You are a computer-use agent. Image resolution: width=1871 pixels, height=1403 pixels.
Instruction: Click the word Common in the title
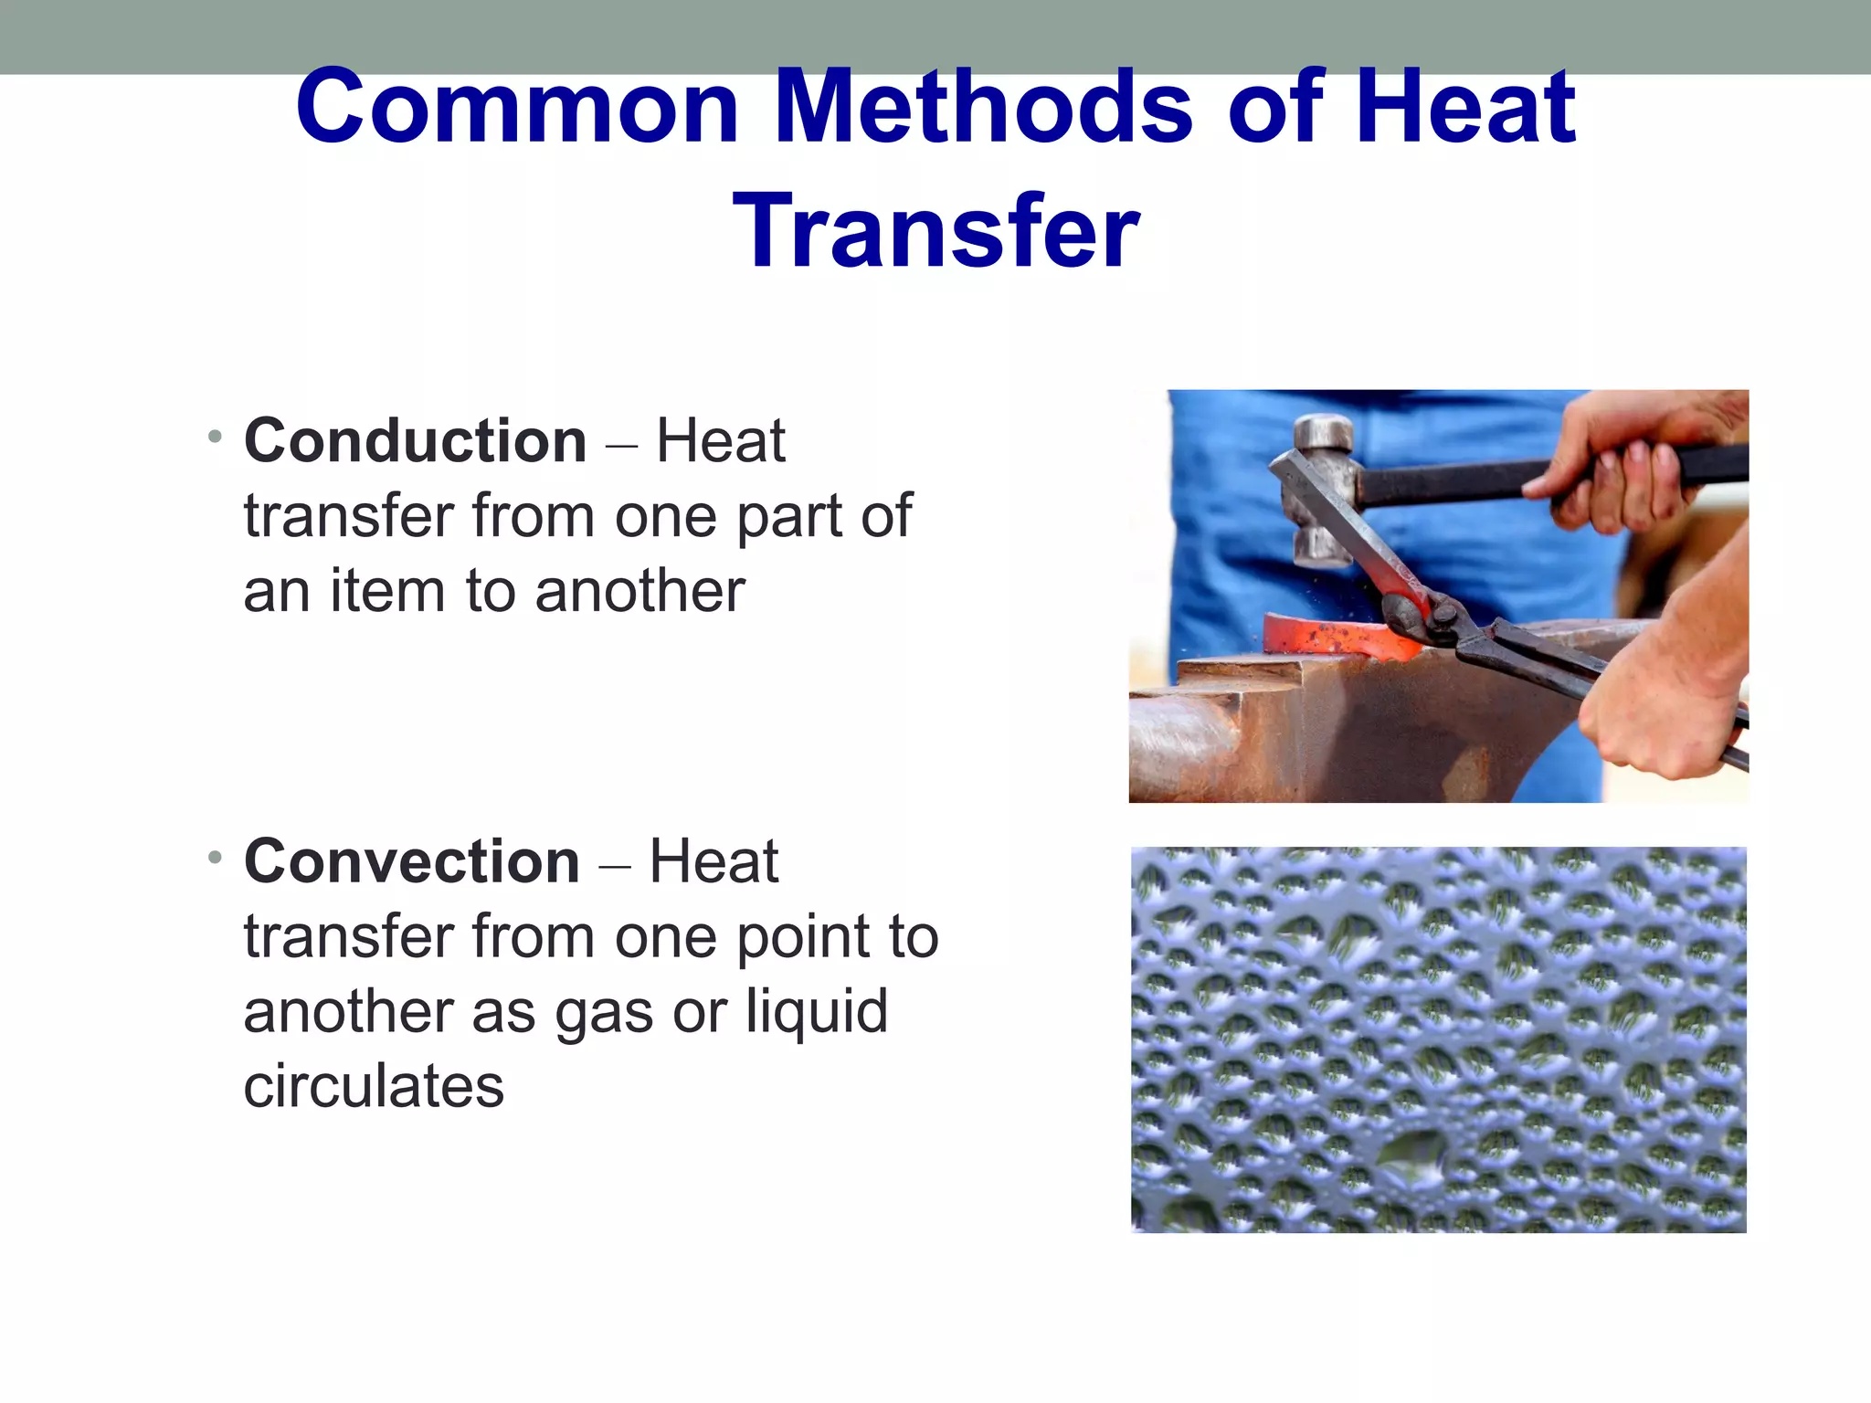[517, 108]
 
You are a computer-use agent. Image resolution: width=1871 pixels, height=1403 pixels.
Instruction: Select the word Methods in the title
[984, 108]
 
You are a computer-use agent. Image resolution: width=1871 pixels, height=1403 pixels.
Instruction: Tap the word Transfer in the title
[935, 232]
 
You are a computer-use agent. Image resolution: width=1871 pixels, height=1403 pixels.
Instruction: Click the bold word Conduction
[416, 441]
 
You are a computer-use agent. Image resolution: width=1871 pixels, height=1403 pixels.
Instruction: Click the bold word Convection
[412, 861]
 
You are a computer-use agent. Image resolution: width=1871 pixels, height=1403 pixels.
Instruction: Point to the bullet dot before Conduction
[215, 437]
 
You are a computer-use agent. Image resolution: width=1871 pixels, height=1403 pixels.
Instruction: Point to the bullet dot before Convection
[215, 857]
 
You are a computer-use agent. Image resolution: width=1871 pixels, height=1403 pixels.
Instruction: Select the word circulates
[374, 1086]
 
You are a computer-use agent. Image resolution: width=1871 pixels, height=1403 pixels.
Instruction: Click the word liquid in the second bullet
[816, 1011]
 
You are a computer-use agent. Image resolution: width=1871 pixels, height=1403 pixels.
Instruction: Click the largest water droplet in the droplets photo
[1411, 1155]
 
